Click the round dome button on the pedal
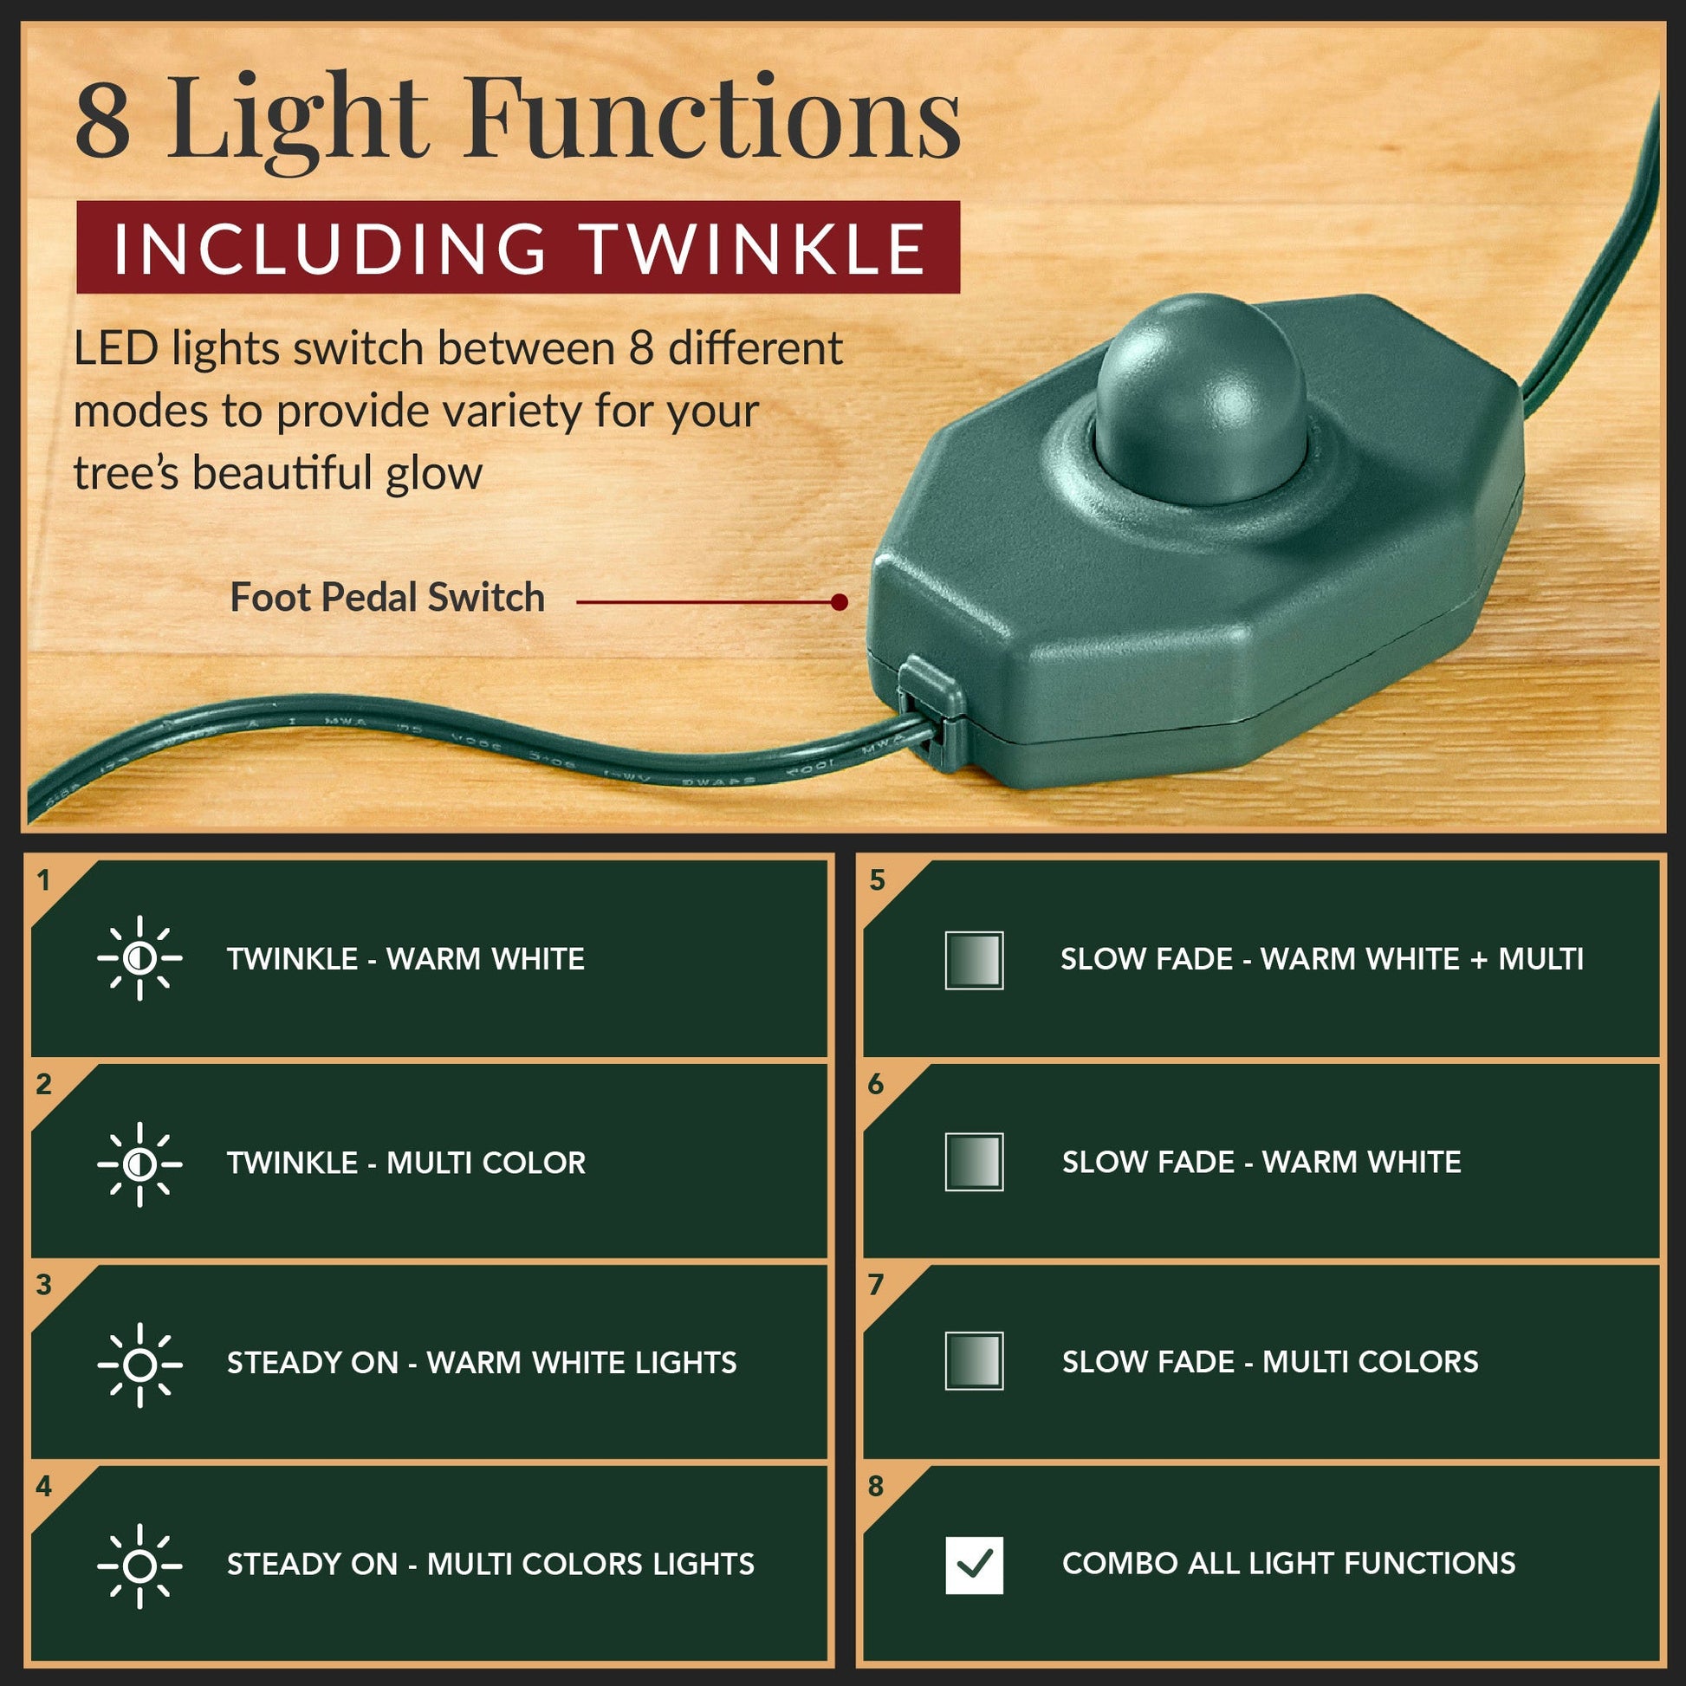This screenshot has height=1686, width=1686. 1200,400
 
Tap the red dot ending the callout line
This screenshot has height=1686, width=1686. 840,602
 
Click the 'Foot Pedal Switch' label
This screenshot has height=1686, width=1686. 387,599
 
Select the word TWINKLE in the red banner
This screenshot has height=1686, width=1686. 755,248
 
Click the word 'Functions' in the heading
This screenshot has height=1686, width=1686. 714,118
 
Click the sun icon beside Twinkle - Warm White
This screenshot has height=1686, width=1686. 139,958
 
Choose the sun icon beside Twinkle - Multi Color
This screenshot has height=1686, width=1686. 139,1164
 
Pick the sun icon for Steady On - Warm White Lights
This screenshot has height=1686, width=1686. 139,1365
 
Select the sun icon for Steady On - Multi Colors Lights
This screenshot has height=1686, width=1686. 139,1566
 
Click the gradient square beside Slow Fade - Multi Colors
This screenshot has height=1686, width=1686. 974,1360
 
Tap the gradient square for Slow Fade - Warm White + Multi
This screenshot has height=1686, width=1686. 974,960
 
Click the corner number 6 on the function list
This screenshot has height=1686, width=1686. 876,1084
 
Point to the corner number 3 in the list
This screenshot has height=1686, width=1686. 44,1285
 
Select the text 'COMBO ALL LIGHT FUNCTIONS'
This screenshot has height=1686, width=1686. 1289,1563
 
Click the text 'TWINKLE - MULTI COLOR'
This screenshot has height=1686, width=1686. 405,1164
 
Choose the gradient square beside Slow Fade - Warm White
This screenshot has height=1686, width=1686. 974,1162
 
